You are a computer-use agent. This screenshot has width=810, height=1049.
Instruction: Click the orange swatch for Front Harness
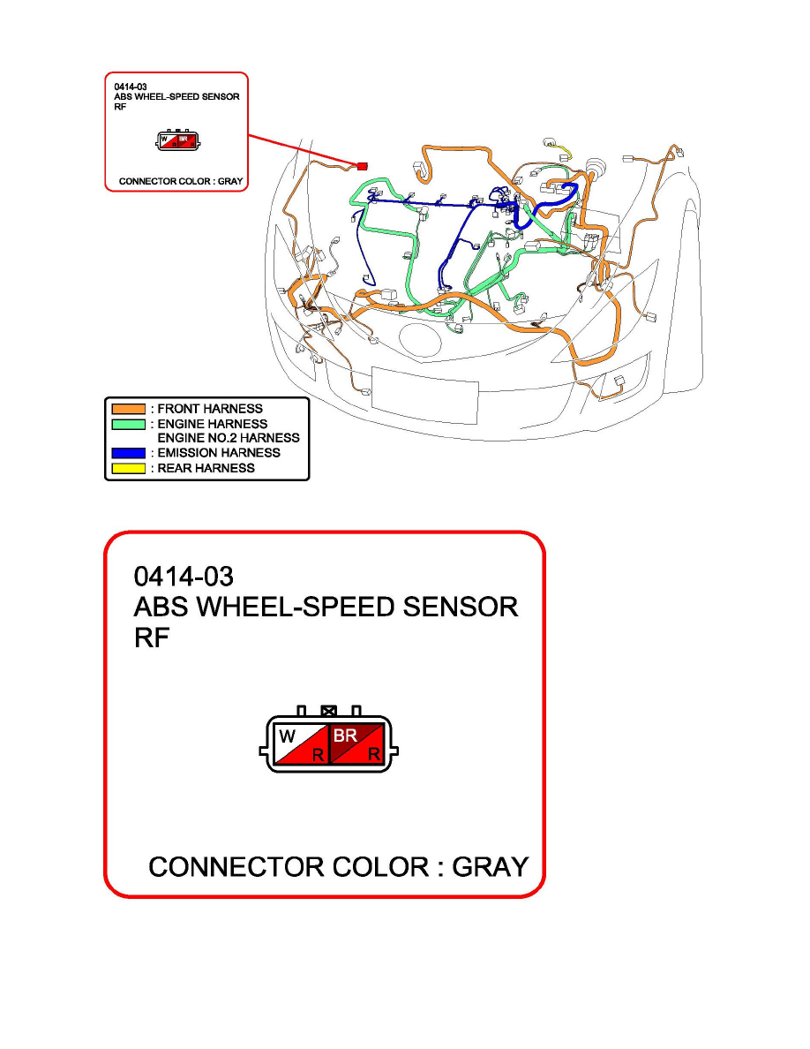coord(127,409)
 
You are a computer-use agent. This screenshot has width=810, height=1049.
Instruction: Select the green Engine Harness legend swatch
coord(127,424)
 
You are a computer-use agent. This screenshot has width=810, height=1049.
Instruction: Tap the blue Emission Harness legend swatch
coord(127,453)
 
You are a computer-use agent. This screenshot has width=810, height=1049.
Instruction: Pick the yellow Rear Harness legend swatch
coord(127,468)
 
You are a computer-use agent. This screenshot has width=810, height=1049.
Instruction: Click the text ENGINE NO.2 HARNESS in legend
coord(228,438)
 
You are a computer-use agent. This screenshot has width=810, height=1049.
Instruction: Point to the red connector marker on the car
coord(362,165)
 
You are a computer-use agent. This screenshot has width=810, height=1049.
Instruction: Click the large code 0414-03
coord(183,577)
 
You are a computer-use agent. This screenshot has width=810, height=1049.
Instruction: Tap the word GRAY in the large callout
coord(490,867)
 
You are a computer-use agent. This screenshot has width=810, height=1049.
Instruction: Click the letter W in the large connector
coord(288,736)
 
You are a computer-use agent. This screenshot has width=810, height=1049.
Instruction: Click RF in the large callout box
coord(151,638)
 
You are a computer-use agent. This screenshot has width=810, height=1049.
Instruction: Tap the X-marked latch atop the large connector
coord(329,709)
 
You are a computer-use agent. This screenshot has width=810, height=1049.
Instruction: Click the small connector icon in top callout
coord(177,140)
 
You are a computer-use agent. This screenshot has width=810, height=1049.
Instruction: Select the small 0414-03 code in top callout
coord(130,87)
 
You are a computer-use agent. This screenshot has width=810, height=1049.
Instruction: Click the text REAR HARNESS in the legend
coord(206,468)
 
